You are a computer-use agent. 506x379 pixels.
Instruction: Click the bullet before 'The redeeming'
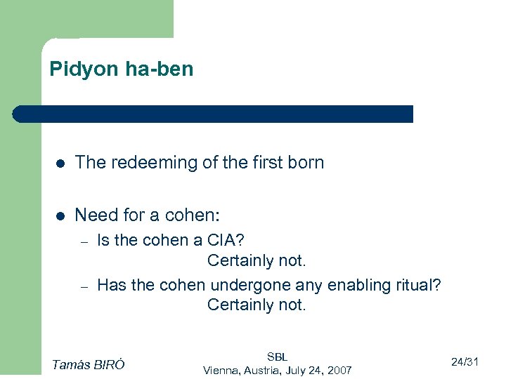click(x=61, y=164)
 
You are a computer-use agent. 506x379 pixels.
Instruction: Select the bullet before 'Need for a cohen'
click(x=61, y=215)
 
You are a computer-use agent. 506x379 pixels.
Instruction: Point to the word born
click(x=306, y=163)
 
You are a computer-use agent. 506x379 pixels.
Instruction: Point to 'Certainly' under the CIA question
click(x=238, y=261)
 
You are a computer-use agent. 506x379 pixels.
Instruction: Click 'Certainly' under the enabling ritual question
click(x=238, y=305)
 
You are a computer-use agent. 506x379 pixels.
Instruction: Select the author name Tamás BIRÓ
click(x=89, y=364)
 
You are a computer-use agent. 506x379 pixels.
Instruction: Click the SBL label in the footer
click(x=278, y=357)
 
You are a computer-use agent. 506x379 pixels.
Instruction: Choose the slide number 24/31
click(x=465, y=362)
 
